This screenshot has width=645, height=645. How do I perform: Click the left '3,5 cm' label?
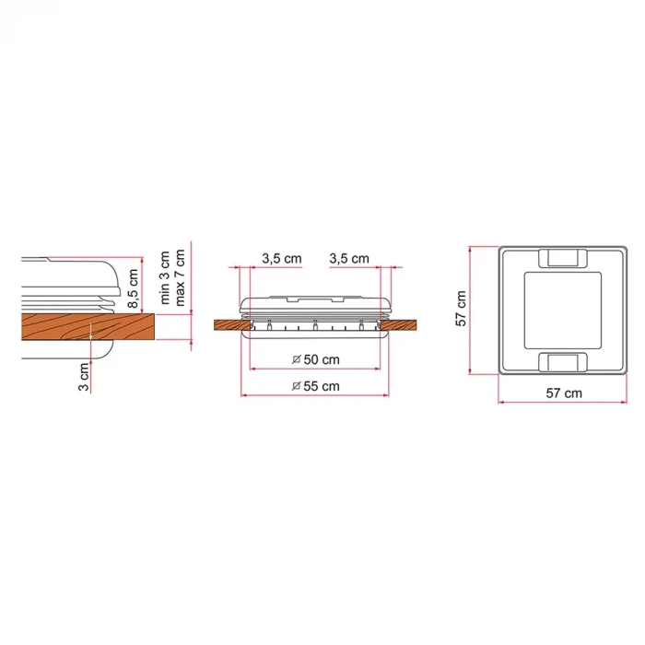[282, 259]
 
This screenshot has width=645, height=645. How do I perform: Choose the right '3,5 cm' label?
[349, 259]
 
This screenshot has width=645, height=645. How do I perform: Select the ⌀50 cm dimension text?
[315, 358]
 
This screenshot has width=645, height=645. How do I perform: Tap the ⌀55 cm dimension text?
[315, 386]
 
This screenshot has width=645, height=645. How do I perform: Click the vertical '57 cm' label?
[461, 309]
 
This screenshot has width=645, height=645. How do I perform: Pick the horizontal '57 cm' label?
[564, 393]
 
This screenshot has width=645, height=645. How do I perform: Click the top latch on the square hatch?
[561, 257]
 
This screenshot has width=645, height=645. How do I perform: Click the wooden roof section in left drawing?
[83, 326]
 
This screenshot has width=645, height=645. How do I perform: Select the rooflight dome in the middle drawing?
[315, 304]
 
